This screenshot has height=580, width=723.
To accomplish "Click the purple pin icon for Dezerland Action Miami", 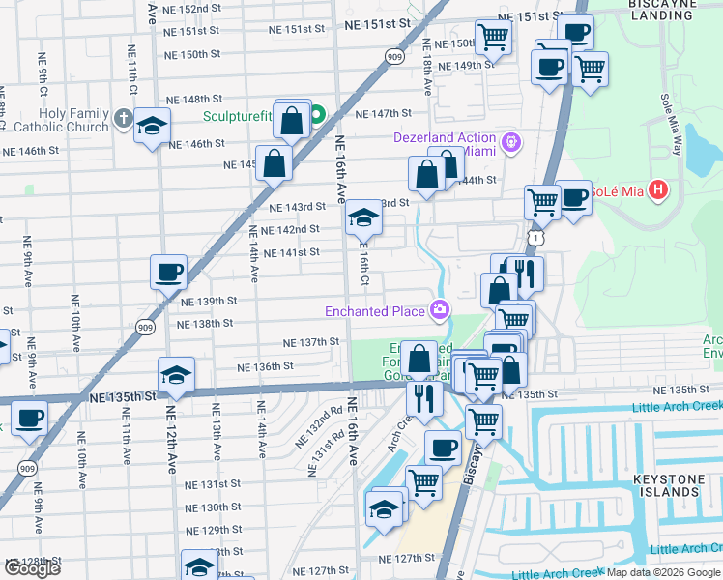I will coord(511,144).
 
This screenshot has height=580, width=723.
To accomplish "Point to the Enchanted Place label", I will coord(375,311).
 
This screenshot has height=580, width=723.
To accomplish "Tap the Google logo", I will coord(32,568).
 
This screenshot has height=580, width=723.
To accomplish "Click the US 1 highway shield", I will coord(535,236).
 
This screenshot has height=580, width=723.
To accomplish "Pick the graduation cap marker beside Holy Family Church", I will coord(151,127).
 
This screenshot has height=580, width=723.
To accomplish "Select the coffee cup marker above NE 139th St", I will coord(168,272).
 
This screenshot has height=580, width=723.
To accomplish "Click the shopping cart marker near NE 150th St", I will coord(493,39).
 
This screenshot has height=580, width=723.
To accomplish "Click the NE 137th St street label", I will coord(310,342).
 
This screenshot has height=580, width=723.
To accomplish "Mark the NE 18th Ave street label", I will coord(426,67).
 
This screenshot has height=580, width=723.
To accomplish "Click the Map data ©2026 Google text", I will coord(663,572).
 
